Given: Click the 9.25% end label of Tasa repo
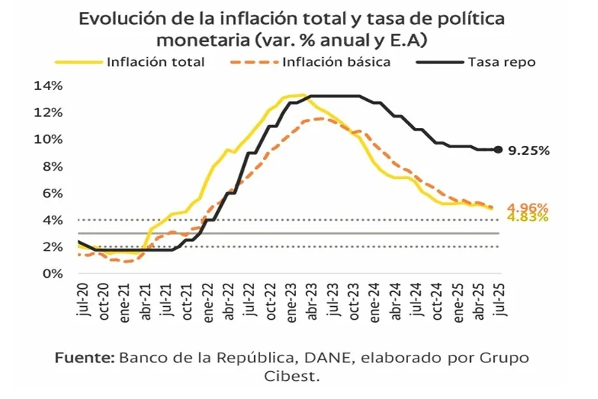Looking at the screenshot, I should [528, 150].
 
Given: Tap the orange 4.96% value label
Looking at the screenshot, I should [528, 207].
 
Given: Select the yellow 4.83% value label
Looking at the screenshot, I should [528, 217].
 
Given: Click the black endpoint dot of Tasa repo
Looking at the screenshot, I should [499, 150].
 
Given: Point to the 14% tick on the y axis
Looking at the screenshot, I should [47, 85].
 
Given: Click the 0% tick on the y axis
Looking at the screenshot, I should [51, 273].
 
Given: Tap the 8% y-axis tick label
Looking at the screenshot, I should [51, 166].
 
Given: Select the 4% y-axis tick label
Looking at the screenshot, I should [51, 220].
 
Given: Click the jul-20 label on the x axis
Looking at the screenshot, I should [81, 299].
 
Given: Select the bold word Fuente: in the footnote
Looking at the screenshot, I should [84, 358].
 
